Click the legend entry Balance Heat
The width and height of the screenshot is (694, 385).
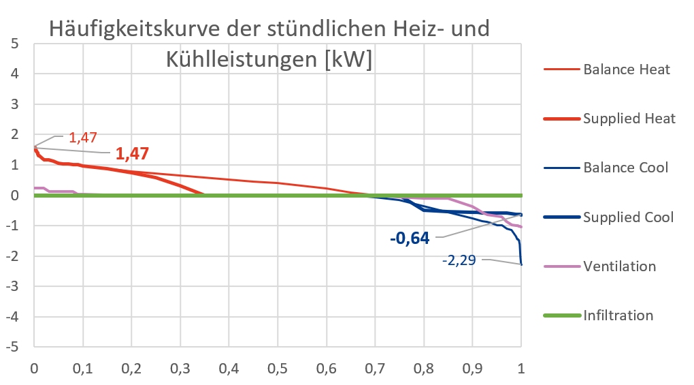626,70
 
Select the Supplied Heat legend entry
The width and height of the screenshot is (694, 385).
629,119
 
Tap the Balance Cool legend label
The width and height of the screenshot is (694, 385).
625,168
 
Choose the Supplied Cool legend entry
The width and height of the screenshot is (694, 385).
628,217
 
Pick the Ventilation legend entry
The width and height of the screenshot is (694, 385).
619,266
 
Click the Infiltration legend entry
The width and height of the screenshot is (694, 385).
618,315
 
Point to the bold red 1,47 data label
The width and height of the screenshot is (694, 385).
132,154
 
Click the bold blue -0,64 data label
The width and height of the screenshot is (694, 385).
412,238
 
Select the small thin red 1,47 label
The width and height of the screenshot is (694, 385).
84,138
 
